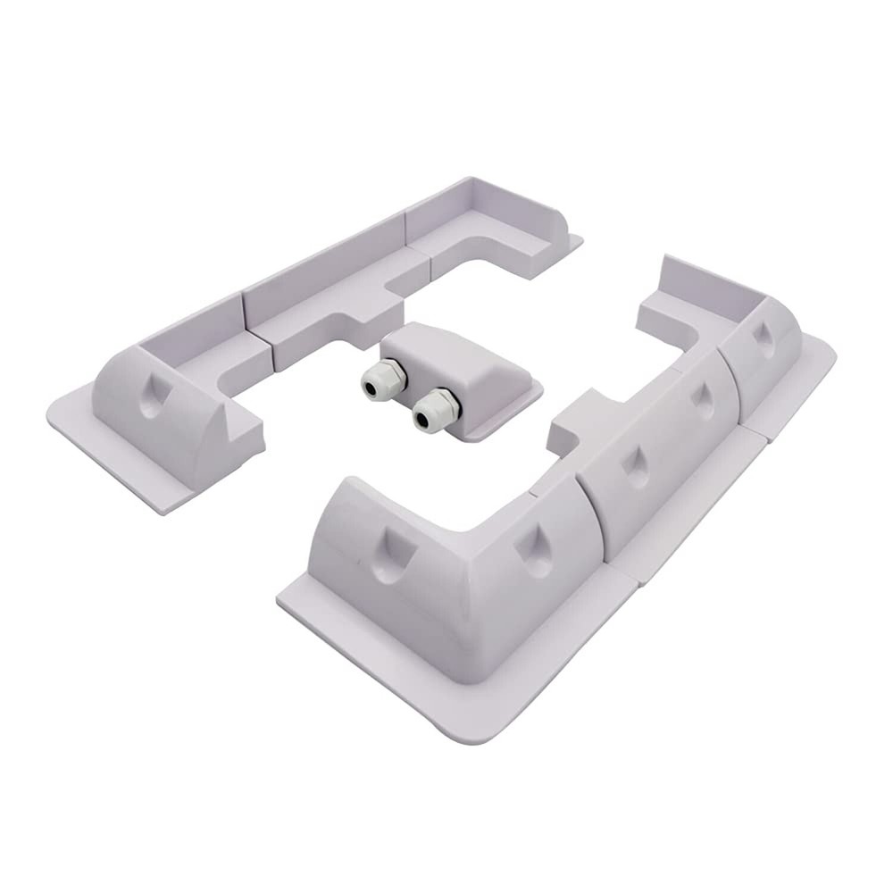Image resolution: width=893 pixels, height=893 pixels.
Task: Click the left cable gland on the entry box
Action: (383, 380)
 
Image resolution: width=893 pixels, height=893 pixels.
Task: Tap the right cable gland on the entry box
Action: (435, 410)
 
